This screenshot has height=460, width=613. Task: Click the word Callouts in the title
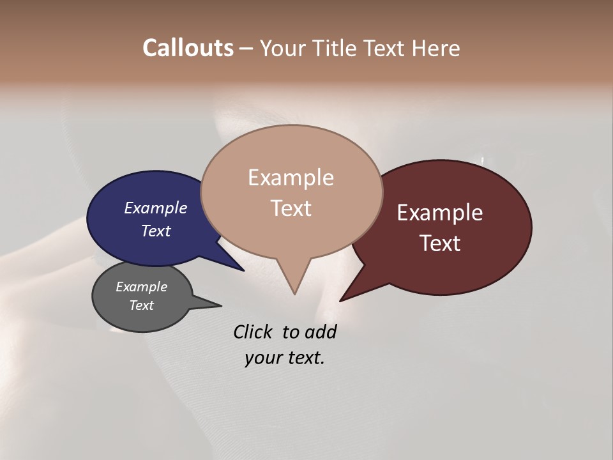point(188,48)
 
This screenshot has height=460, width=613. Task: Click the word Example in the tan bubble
point(291,178)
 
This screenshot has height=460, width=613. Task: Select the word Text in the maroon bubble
point(440,243)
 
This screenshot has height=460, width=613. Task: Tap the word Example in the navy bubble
point(156,208)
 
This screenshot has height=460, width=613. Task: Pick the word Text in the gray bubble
point(142,305)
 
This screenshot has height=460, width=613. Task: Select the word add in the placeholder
point(321,332)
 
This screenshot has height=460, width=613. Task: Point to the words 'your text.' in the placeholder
point(285,358)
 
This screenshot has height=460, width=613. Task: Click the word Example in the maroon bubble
point(440,213)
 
